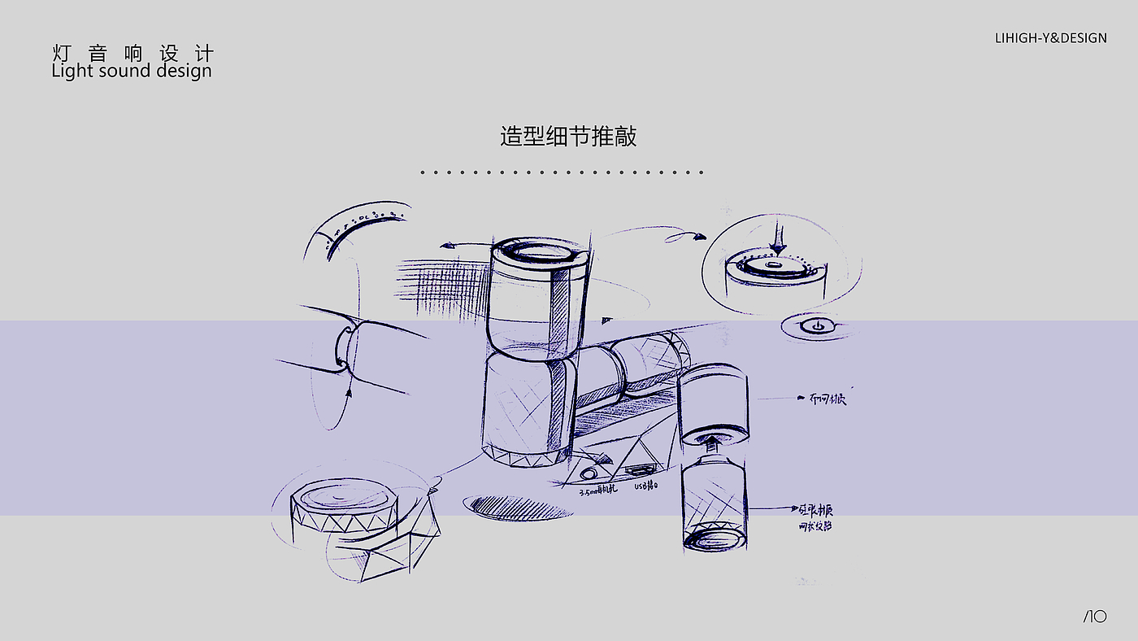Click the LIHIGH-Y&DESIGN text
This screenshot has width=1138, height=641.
[x=1050, y=37]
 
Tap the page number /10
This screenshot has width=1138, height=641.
[x=1094, y=617]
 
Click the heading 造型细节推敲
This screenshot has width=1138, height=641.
[x=568, y=136]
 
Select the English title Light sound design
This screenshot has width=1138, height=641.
[x=131, y=71]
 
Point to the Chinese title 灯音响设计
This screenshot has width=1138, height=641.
[x=132, y=54]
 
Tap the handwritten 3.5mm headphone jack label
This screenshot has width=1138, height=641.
[x=597, y=491]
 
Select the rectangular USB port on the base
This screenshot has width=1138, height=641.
[x=637, y=470]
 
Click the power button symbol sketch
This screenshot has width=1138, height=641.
[x=808, y=326]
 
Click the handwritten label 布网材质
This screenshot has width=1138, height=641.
[x=827, y=399]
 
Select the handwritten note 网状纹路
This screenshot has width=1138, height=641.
[x=814, y=526]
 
